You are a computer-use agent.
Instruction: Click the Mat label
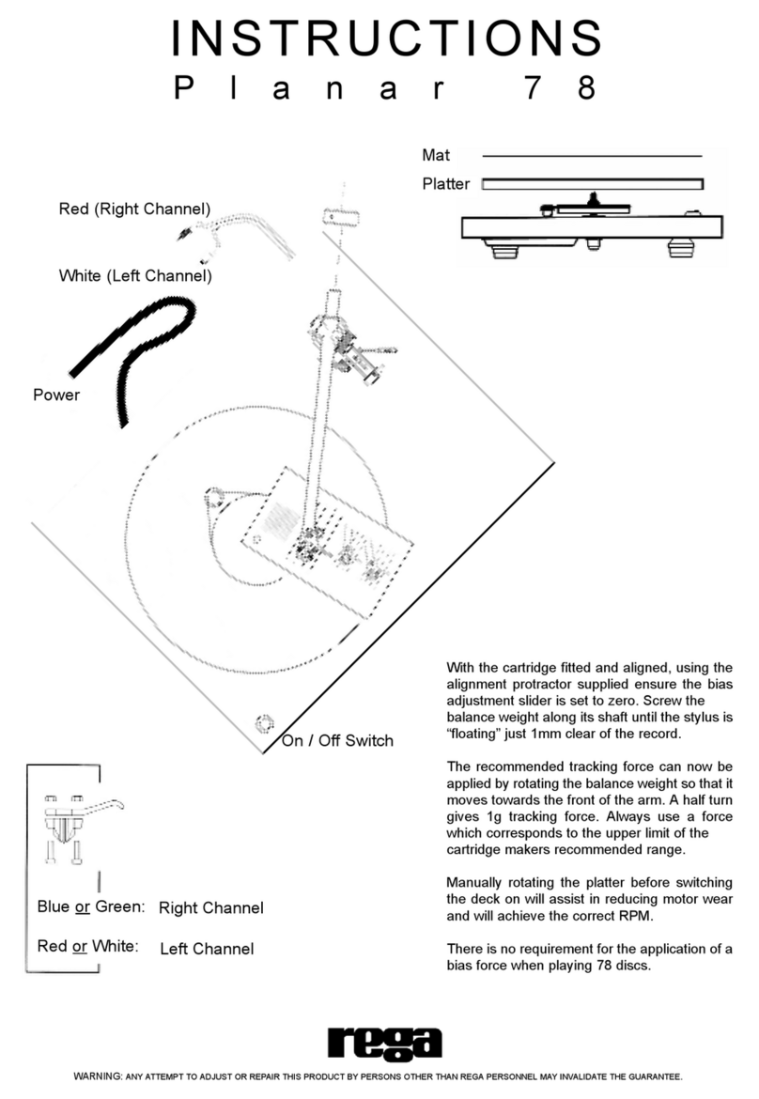point(435,155)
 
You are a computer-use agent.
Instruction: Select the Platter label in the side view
point(445,184)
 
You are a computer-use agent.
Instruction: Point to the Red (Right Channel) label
point(134,208)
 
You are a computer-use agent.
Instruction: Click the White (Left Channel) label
point(134,276)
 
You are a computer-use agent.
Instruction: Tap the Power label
point(56,395)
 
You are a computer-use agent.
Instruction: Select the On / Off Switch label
point(337,741)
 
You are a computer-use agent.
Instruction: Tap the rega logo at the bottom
point(384,1043)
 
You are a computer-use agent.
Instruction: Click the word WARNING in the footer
point(97,1076)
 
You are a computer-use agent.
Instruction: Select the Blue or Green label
point(90,906)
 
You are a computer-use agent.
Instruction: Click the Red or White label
point(87,946)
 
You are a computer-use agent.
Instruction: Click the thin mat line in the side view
point(592,156)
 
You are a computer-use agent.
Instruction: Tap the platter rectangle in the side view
point(592,184)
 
